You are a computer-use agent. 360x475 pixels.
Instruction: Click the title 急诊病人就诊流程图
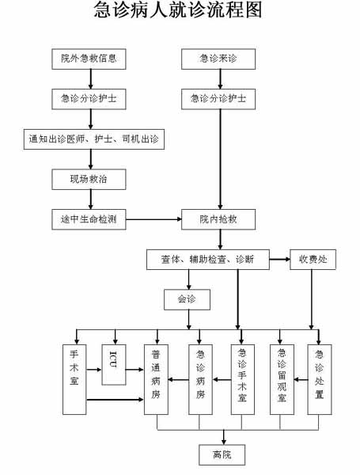178,9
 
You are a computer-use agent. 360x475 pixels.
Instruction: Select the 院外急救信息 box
89,59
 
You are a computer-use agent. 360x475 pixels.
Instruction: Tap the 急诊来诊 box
218,59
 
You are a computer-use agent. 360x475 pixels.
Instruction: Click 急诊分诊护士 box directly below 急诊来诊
218,99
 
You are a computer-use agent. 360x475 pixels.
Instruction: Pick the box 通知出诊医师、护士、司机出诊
94,139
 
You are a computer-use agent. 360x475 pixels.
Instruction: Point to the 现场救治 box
89,180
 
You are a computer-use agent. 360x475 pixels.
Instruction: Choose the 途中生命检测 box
89,219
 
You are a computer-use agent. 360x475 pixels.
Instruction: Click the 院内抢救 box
218,219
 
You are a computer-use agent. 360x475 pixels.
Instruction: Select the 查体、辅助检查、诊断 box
208,260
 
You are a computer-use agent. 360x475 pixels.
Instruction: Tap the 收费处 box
313,260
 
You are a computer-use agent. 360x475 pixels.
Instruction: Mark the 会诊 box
187,299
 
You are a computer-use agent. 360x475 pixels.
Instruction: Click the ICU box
114,365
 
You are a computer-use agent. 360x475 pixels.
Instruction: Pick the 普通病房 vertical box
156,379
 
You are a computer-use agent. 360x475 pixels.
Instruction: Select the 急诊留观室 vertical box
282,379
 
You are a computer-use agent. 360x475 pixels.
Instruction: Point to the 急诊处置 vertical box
320,379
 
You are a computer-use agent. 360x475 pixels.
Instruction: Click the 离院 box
222,454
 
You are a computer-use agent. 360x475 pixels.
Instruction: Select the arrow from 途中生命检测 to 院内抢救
153,219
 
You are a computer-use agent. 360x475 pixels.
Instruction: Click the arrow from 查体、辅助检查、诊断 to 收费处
280,260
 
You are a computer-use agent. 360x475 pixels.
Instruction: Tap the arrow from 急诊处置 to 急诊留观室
301,379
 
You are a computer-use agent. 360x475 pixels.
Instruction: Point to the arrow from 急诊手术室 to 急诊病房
222,379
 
